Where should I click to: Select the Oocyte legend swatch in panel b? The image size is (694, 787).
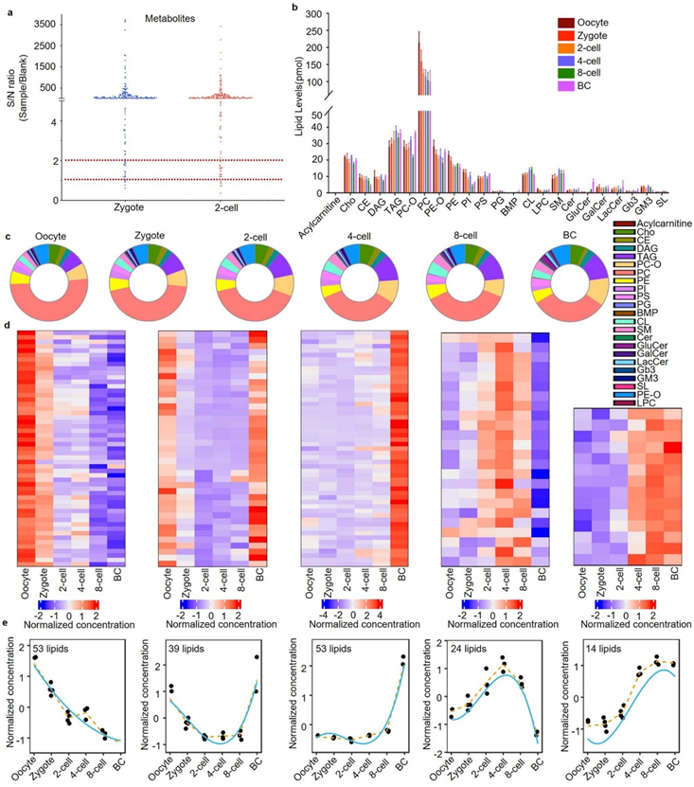(x=566, y=23)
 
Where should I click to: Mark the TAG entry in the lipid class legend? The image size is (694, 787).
(x=648, y=257)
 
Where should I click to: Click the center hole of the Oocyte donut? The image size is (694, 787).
(x=44, y=275)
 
